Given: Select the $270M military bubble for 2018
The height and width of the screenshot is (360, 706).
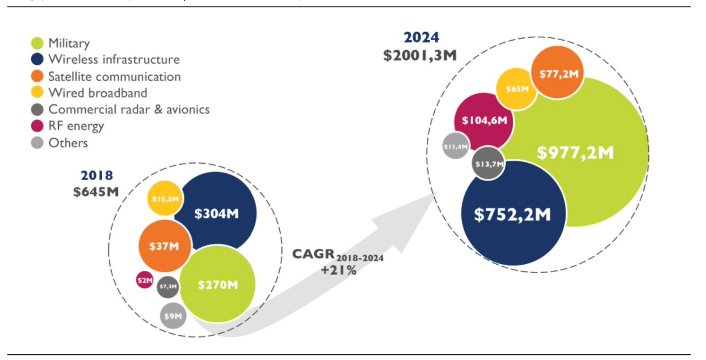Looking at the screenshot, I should (218, 284).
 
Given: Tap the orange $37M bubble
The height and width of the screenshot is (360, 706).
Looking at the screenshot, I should (164, 246).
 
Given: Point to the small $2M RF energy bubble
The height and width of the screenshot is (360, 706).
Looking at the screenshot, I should (144, 280).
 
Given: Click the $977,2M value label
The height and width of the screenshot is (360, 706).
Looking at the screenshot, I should (575, 152).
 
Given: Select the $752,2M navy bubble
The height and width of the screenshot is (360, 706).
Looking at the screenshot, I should (512, 214).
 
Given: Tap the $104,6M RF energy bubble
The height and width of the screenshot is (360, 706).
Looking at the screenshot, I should (484, 120).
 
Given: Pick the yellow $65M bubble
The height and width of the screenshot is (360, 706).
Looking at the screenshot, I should (517, 89).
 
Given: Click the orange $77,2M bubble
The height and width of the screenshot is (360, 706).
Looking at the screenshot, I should (557, 73).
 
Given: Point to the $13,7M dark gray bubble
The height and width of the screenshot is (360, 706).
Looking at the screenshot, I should (488, 164).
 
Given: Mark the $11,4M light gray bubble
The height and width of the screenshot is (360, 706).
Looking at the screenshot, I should (456, 147).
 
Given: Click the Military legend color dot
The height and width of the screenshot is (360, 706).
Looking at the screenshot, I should (38, 43).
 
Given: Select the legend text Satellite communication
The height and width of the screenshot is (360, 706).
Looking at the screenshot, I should (114, 77).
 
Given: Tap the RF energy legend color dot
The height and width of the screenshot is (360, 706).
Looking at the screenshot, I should (38, 126).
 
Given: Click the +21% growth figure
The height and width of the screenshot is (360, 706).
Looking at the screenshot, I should (338, 270).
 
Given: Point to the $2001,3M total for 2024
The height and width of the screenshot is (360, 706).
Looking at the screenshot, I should (420, 56).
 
